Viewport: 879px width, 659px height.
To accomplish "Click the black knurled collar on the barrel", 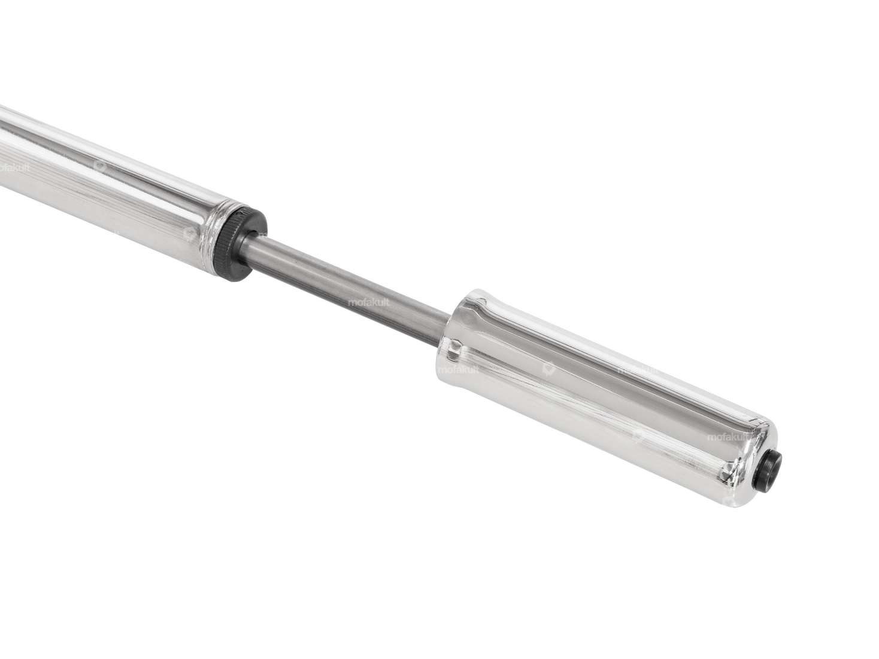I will (240, 244).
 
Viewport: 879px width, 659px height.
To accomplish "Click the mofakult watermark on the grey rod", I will (368, 303).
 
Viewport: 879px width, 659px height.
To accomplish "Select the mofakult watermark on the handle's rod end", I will (458, 370).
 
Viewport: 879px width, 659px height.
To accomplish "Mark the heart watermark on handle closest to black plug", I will (638, 438).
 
